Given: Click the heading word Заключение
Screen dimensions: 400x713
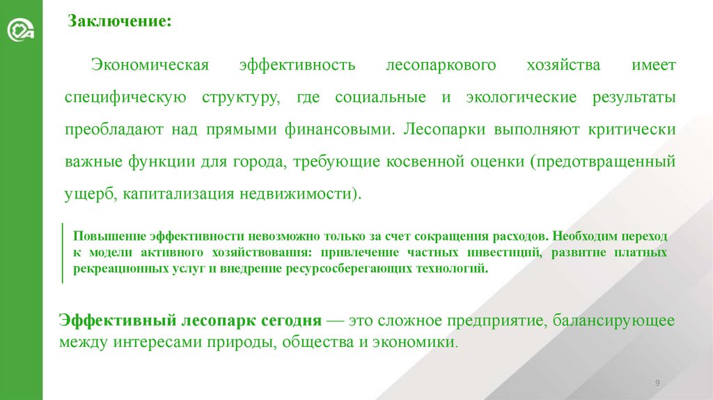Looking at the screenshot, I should tap(119, 21).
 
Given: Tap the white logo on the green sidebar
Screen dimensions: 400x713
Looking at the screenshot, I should tap(21, 31).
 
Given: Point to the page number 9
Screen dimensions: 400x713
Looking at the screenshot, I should tap(657, 383).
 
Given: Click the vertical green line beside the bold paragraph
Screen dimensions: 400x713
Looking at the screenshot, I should tap(63, 252).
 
